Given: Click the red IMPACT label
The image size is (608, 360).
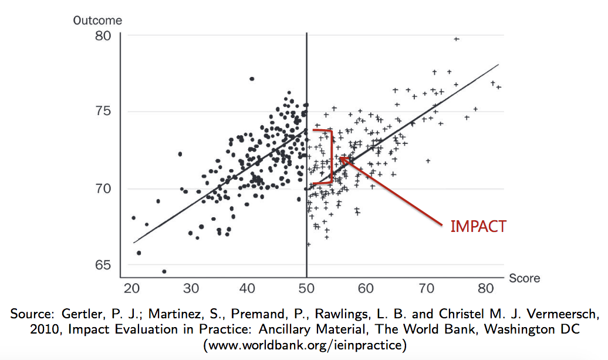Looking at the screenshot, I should tap(478, 227).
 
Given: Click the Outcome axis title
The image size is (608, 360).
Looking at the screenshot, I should tap(97, 21).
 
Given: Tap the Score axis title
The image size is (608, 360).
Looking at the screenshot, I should tap(524, 278).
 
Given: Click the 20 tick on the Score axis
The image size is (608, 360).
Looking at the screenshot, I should tap(132, 289).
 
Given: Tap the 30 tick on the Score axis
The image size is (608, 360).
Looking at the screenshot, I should tap(191, 289).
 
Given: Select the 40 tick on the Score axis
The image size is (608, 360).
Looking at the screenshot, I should tap(248, 289).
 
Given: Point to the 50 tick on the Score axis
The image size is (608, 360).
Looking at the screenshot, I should tap(307, 289).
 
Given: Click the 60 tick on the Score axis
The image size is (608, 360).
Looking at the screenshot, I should tap(366, 289).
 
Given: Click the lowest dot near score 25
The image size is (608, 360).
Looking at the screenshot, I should tap(164, 271).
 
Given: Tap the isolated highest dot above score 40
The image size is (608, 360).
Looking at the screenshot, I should tap(252, 79).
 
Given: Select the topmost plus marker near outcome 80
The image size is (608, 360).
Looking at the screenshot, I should tap(456, 39).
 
